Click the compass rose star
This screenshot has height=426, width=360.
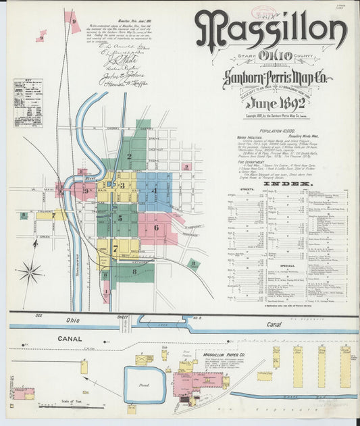(x=29, y=273)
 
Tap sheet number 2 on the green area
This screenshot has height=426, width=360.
(x=129, y=156)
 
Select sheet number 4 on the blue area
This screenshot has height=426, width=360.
(x=155, y=190)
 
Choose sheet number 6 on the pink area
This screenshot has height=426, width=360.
(x=157, y=227)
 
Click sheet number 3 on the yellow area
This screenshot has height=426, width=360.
(x=122, y=185)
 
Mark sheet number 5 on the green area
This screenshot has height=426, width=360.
(x=120, y=217)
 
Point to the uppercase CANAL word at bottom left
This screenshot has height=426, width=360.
(x=70, y=338)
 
